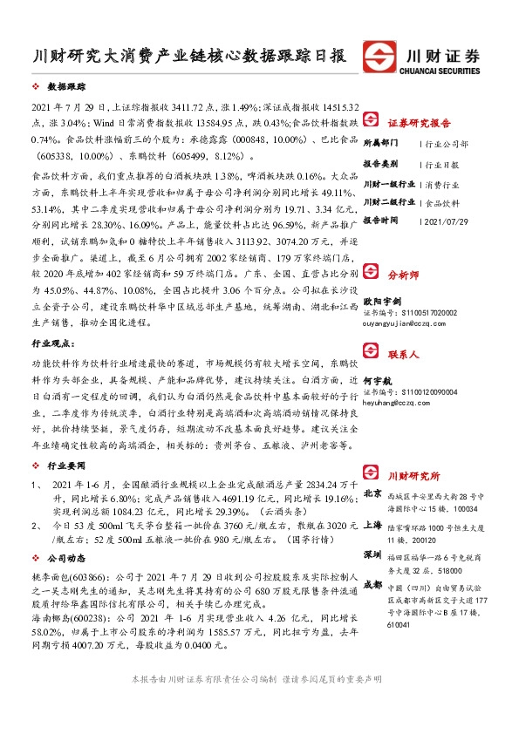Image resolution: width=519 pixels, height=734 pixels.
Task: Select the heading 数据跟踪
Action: [66, 88]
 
